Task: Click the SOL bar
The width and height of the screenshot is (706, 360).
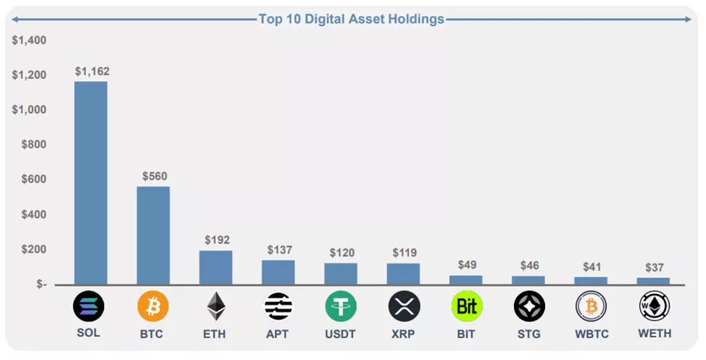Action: (x=91, y=183)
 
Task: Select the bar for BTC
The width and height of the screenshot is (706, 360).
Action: (x=153, y=235)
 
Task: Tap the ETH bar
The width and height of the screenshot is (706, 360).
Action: (x=215, y=267)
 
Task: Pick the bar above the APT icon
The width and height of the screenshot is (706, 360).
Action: (x=278, y=272)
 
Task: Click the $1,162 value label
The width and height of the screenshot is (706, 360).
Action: (x=92, y=71)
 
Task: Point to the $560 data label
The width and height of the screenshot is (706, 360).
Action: (x=154, y=176)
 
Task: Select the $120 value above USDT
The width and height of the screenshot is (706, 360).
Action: (x=341, y=253)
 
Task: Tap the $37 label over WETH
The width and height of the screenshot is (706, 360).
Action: (x=654, y=267)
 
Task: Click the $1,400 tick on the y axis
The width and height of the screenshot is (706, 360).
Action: (x=29, y=41)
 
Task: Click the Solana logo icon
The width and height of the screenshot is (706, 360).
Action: (x=88, y=306)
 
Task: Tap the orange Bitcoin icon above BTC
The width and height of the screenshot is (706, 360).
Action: (x=153, y=306)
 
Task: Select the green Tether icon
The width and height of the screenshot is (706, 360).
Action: (x=341, y=306)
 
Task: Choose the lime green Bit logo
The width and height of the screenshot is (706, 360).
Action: (x=467, y=306)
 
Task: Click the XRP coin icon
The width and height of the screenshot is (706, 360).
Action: (x=404, y=306)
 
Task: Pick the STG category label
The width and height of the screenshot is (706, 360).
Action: (x=529, y=334)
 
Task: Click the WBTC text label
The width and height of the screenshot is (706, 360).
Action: (x=591, y=334)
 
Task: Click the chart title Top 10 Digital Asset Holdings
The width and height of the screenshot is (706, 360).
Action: (x=352, y=20)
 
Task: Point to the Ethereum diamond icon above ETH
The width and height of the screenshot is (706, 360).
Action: (x=216, y=306)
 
